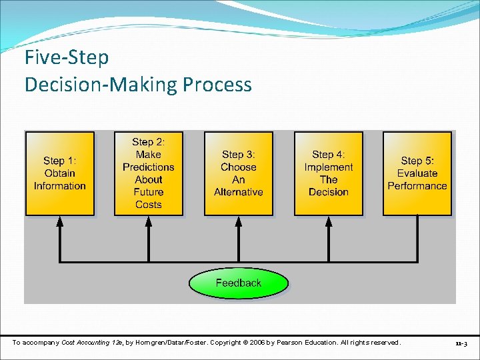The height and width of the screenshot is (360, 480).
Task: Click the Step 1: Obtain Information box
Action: (60, 173)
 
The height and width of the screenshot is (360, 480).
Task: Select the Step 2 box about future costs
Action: (148, 173)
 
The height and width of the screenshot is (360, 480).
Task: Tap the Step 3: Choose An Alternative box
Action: (238, 173)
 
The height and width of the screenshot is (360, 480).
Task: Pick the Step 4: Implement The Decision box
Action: (328, 173)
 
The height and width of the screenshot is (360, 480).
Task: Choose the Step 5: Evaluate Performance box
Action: (417, 173)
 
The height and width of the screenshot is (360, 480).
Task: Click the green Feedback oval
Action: (238, 283)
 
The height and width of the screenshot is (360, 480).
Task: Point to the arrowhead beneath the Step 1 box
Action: (60, 222)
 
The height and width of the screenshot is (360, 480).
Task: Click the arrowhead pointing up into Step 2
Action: (148, 222)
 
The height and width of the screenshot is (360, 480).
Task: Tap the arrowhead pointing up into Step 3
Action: (238, 222)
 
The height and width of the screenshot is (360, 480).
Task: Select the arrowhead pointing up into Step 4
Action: (328, 222)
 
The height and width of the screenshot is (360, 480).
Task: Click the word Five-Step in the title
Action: (67, 57)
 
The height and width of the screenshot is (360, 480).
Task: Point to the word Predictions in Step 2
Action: (148, 167)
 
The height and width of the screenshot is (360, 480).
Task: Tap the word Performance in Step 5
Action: (417, 186)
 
